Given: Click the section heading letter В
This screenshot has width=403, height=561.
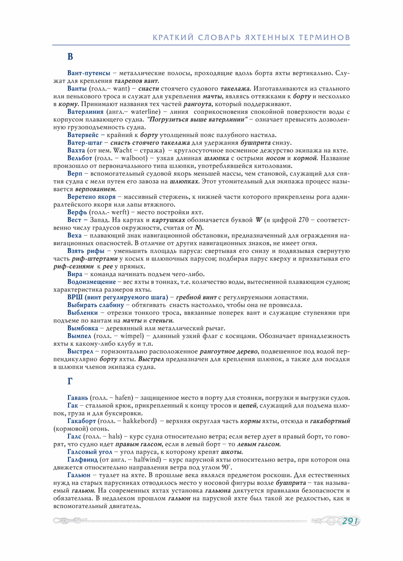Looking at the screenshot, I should (70, 57).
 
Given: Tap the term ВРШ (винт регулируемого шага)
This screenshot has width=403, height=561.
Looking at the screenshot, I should (118, 297).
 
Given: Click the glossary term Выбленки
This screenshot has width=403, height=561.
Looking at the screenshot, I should (83, 313).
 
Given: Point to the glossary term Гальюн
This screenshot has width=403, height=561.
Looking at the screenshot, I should (79, 476).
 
